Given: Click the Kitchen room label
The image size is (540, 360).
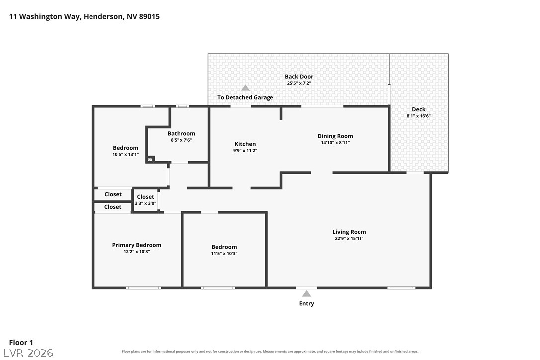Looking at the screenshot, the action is (x=245, y=144).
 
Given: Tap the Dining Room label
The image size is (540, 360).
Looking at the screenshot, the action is (x=335, y=136).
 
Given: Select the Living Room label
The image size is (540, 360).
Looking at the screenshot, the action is (x=349, y=232).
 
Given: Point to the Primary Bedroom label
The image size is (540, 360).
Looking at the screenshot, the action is (x=137, y=245).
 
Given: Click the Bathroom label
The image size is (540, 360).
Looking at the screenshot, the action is (x=181, y=133).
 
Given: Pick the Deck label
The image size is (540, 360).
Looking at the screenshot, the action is (x=419, y=109).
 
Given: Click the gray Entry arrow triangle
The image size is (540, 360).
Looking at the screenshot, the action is (x=306, y=293).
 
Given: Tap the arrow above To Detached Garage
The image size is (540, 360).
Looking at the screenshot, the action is (x=245, y=88).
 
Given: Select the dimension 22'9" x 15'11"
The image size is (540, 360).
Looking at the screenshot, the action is (x=349, y=238).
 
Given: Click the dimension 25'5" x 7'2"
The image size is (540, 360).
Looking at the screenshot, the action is (x=299, y=83).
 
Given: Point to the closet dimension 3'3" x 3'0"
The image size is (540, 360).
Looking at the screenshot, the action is (x=145, y=203).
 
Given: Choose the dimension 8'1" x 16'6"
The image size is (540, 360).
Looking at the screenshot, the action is (x=419, y=116).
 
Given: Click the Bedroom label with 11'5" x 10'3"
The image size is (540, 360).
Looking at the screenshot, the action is (x=224, y=247).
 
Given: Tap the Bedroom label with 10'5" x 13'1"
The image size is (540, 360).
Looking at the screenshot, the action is (x=126, y=148).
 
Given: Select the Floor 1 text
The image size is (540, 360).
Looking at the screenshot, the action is (x=21, y=342).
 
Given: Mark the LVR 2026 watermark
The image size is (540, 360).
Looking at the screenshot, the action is (x=28, y=353).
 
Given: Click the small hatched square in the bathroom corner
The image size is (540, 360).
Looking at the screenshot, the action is (x=150, y=159).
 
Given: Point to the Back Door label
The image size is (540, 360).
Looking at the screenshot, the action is (x=299, y=76).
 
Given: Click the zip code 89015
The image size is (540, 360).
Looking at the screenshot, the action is (x=149, y=16).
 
